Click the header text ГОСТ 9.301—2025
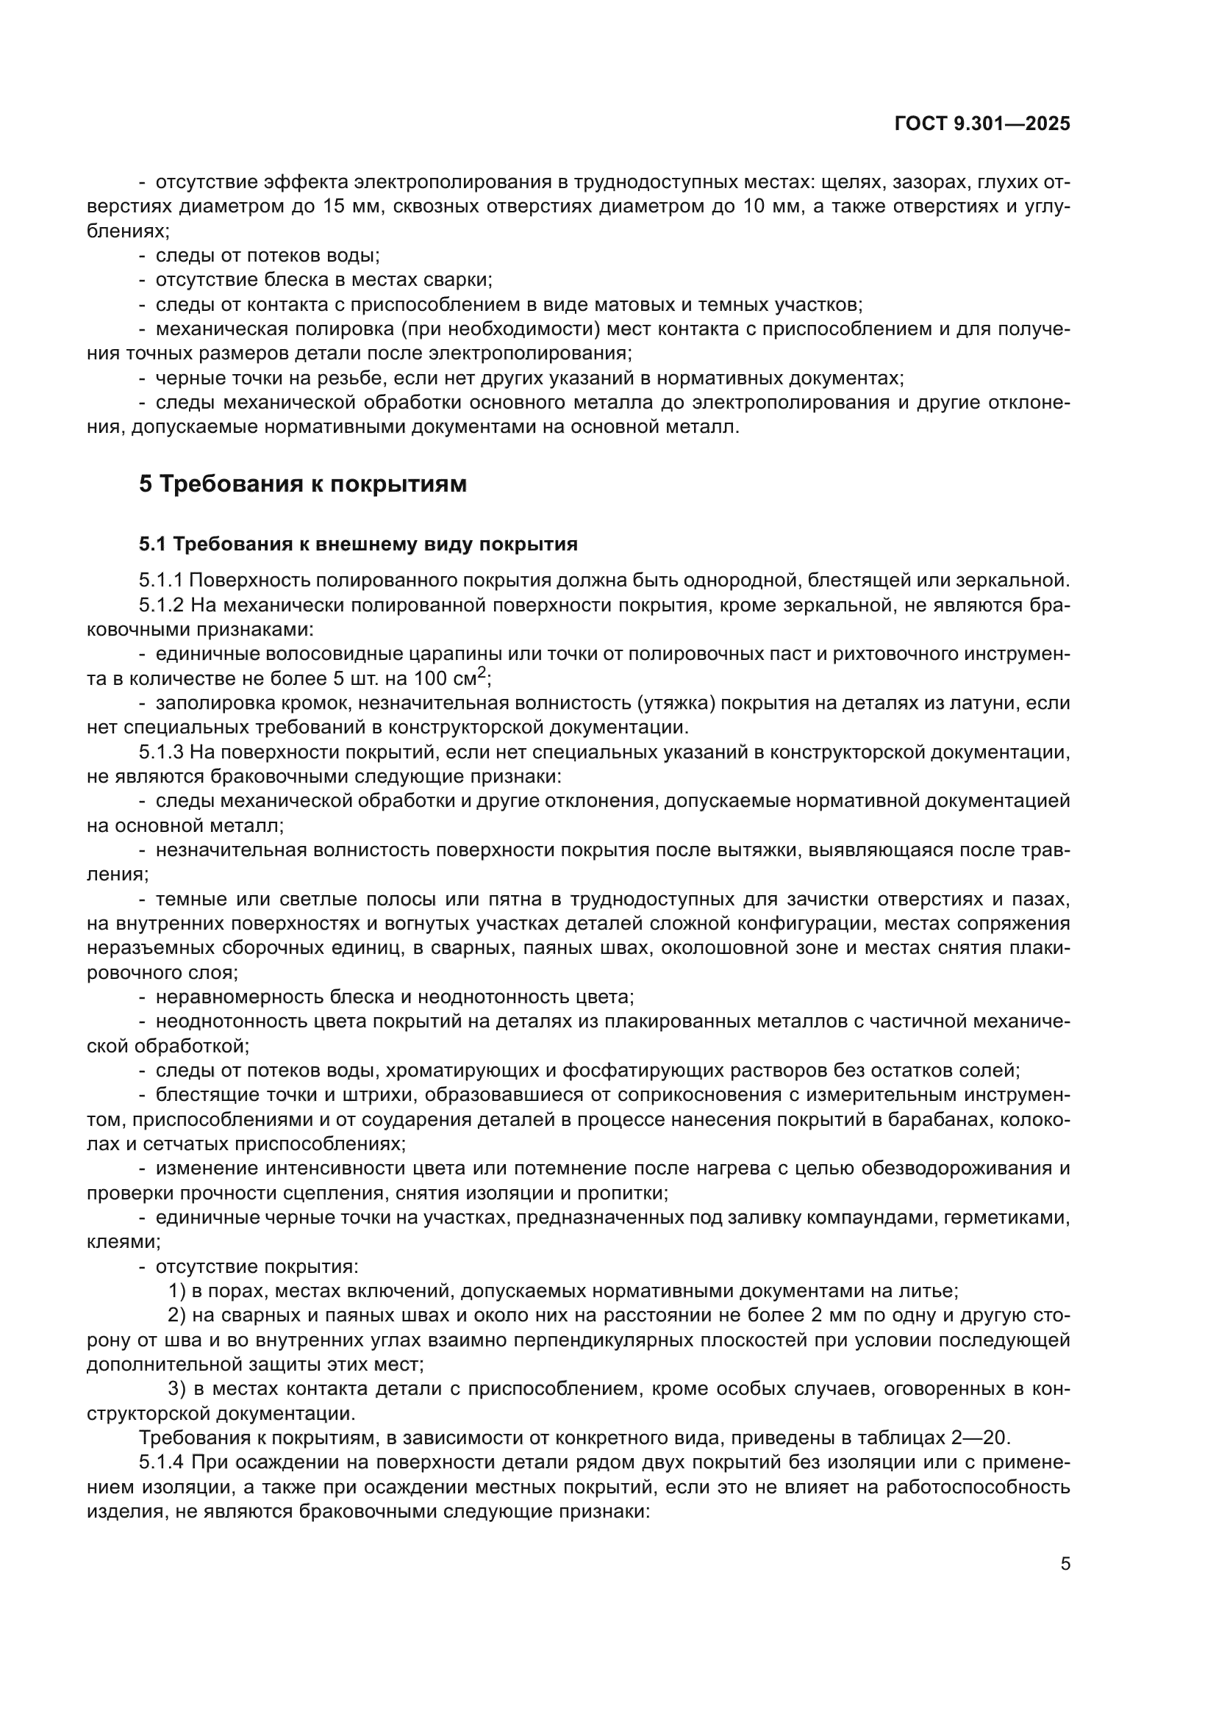coord(982,123)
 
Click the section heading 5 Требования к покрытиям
coord(302,484)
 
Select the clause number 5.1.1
coord(161,579)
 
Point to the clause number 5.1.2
coord(161,604)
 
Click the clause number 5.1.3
coord(161,752)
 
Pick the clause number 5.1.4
coord(161,1462)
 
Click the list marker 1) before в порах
coord(176,1291)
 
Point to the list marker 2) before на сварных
coord(176,1316)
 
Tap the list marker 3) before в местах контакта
coord(176,1389)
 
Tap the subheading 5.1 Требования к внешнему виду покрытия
coord(358,545)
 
